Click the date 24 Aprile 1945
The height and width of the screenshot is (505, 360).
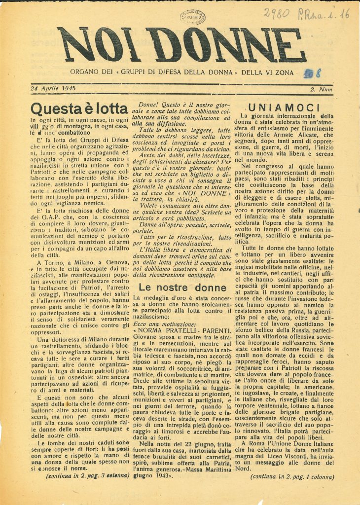click(53, 89)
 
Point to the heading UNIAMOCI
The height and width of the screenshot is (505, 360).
click(290, 107)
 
